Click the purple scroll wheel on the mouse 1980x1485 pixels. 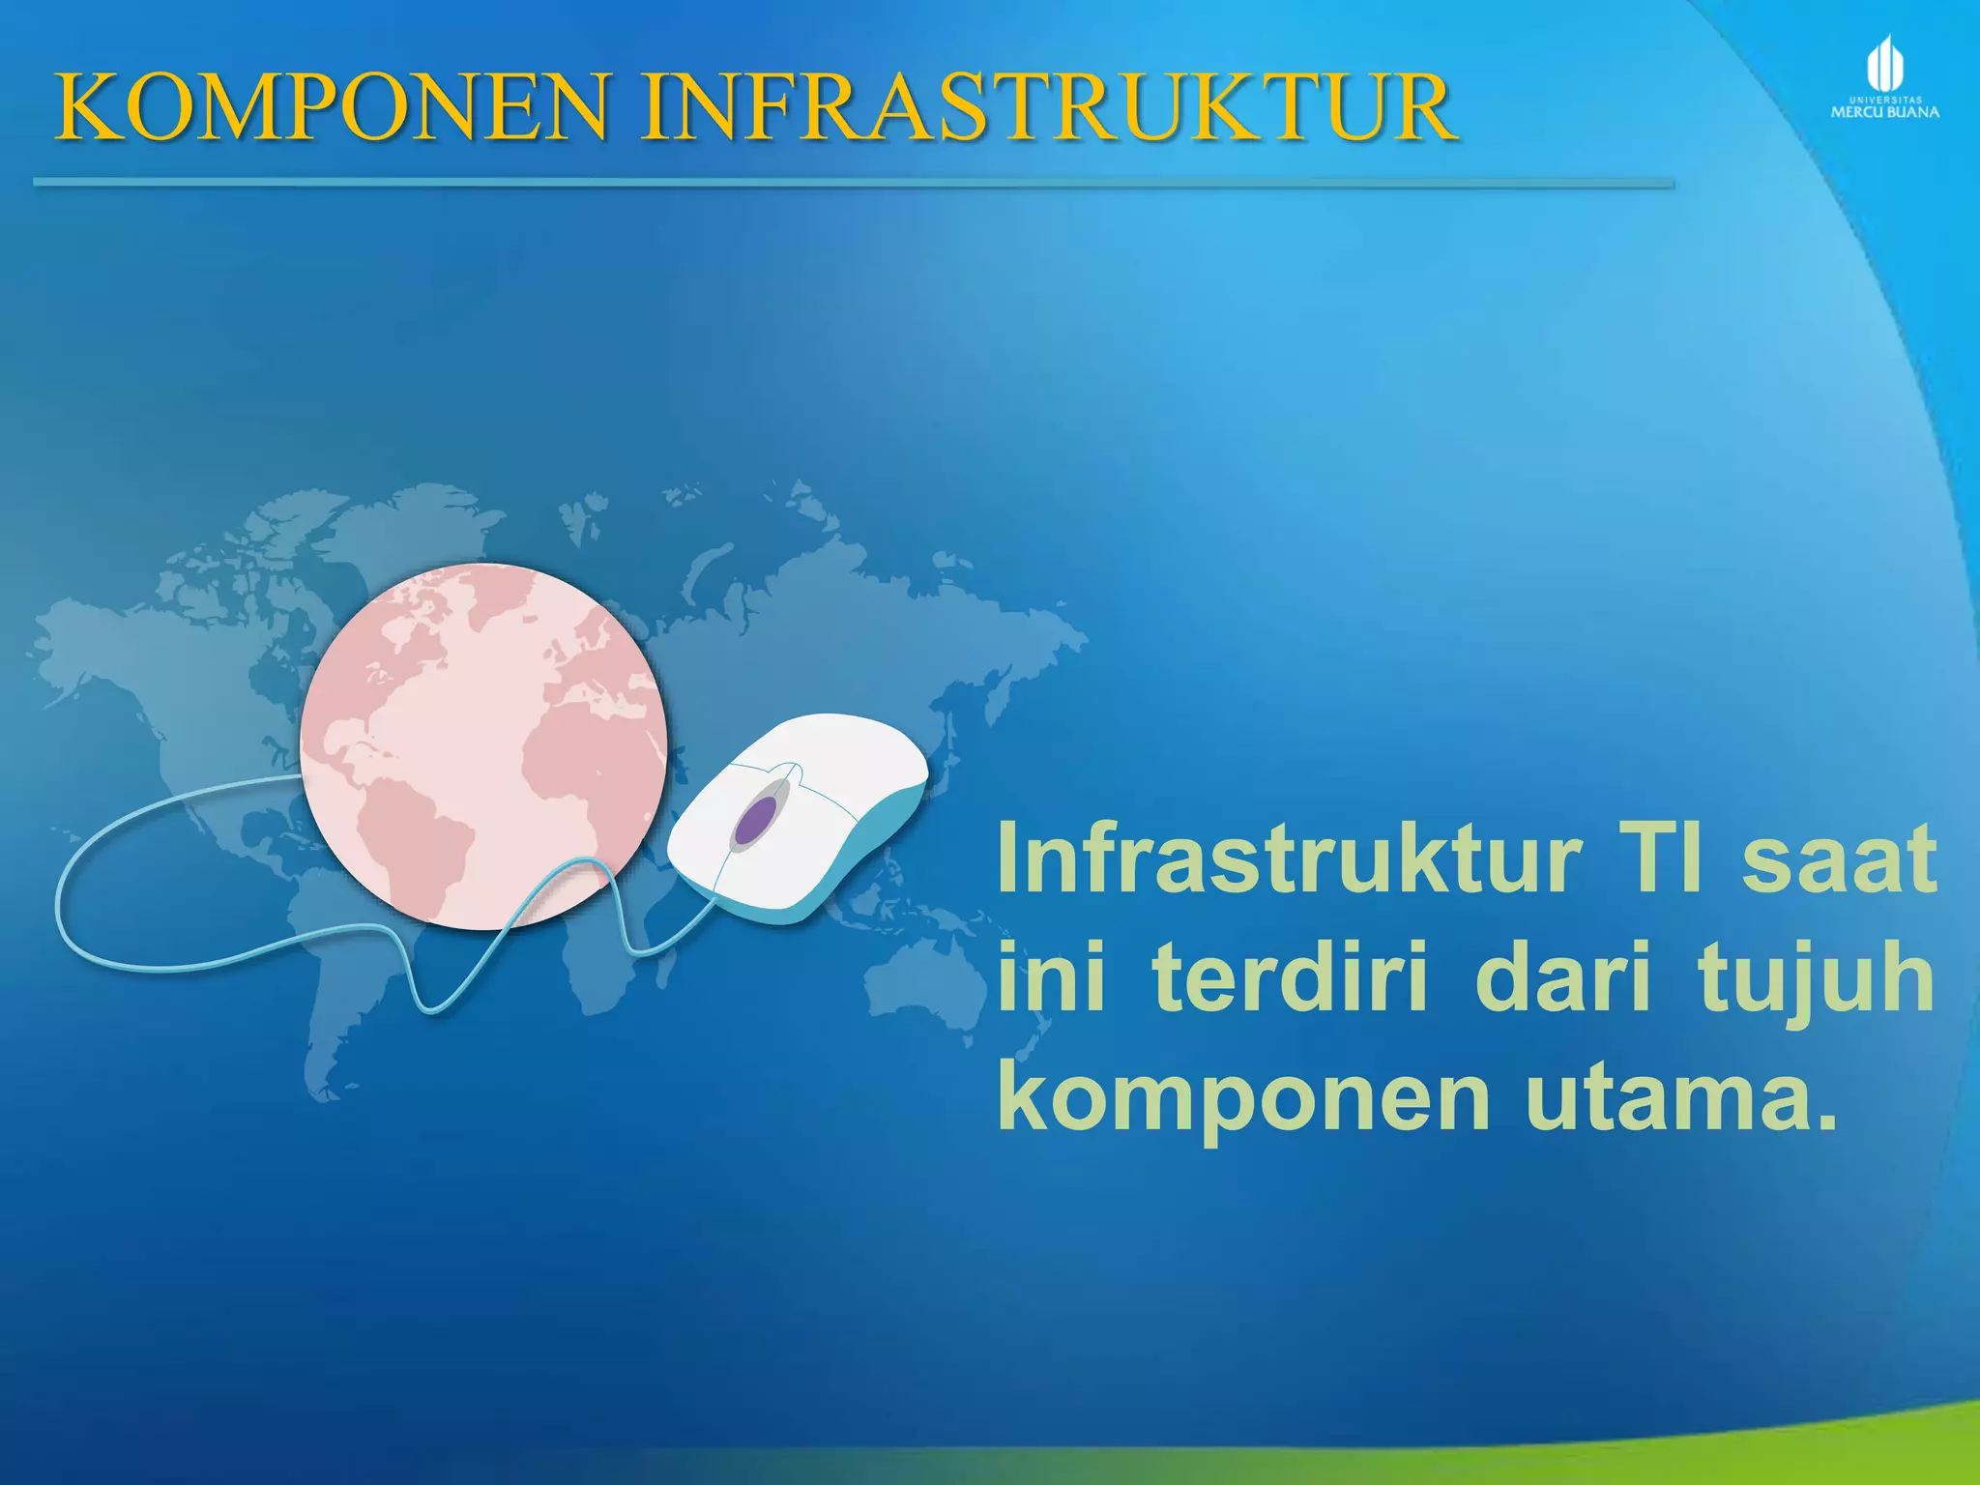[754, 820]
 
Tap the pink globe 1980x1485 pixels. [483, 744]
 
